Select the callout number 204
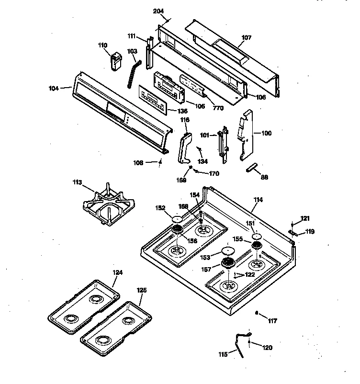pos(158,11)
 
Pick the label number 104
pos(54,88)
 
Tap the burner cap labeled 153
pos(227,251)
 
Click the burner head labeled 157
pos(228,262)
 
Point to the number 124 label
pos(117,272)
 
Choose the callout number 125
pos(142,290)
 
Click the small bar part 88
pos(252,167)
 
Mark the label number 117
pos(272,321)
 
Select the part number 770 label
pos(218,108)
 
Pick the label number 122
pos(249,275)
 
